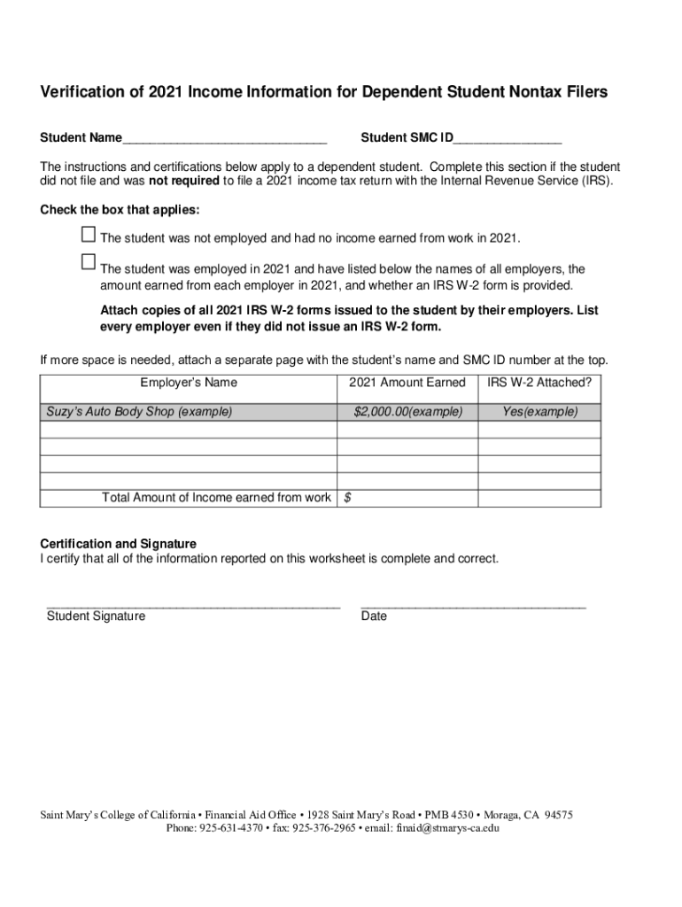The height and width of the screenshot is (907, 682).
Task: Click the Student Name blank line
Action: click(x=225, y=140)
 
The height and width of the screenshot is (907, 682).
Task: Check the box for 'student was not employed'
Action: click(x=88, y=235)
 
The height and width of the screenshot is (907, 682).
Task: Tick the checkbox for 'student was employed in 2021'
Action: click(x=88, y=262)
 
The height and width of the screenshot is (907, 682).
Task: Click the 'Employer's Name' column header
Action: click(x=189, y=383)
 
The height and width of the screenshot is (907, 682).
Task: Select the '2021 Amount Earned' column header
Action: click(x=407, y=383)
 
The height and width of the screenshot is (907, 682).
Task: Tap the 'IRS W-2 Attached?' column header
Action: click(x=539, y=383)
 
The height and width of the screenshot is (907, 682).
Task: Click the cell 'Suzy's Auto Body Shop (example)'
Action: click(x=140, y=412)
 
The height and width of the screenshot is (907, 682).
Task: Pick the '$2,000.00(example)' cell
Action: click(x=407, y=412)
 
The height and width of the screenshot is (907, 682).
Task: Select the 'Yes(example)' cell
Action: click(x=539, y=412)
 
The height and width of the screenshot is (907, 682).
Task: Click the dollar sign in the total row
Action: click(x=347, y=498)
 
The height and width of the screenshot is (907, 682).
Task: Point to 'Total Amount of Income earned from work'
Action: click(x=217, y=498)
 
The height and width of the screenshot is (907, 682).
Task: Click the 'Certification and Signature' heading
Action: click(x=119, y=543)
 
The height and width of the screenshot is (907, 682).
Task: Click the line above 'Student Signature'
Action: click(x=193, y=607)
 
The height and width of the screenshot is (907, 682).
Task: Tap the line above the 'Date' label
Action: click(x=473, y=607)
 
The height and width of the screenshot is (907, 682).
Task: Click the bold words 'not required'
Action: click(x=184, y=181)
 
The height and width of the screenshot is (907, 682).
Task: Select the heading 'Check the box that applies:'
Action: click(x=120, y=210)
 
